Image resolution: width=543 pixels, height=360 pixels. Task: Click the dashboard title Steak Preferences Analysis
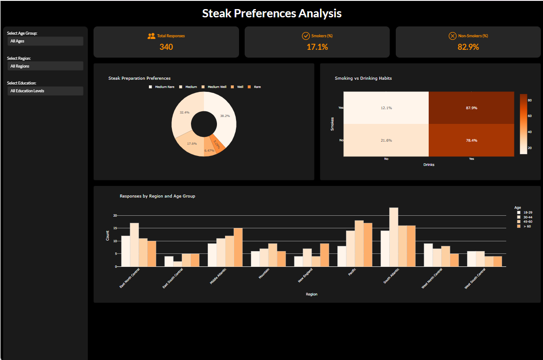click(x=271, y=13)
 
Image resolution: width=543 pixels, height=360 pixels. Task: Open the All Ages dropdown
click(x=45, y=41)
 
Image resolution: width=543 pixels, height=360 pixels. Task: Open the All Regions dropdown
click(x=45, y=66)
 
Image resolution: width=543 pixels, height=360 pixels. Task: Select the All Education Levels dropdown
click(x=45, y=91)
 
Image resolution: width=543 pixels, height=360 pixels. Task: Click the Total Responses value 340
click(x=166, y=47)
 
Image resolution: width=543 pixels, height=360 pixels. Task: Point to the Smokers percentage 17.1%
click(x=317, y=47)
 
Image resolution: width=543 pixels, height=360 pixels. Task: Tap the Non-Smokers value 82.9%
click(x=468, y=47)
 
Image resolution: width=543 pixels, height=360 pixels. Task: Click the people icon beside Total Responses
click(x=151, y=36)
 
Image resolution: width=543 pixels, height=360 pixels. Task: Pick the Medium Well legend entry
click(x=217, y=87)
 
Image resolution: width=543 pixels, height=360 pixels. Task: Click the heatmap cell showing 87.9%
click(x=471, y=108)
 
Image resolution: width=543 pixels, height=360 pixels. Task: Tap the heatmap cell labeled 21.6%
click(x=386, y=140)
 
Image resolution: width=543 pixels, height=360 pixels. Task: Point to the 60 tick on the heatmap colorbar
click(x=529, y=116)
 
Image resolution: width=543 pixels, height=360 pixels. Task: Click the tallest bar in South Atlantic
click(x=394, y=237)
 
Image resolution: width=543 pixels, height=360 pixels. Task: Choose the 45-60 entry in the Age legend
click(x=527, y=222)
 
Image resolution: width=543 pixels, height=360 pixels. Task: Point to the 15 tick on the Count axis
click(x=115, y=228)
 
